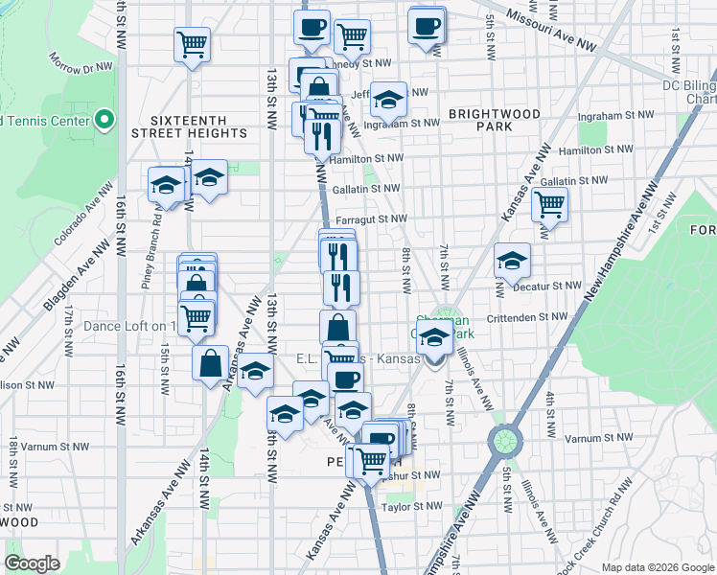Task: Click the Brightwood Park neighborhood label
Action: (x=494, y=120)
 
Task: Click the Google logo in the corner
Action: (x=33, y=563)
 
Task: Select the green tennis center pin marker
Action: (x=104, y=121)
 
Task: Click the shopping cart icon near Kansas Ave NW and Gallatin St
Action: (x=549, y=203)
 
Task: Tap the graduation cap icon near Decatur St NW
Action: (x=512, y=261)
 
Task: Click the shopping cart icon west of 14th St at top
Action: (x=192, y=44)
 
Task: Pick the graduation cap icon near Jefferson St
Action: (x=388, y=99)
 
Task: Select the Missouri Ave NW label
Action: (x=551, y=31)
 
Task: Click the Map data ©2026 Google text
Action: (x=657, y=566)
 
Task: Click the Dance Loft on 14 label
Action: (x=130, y=326)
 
